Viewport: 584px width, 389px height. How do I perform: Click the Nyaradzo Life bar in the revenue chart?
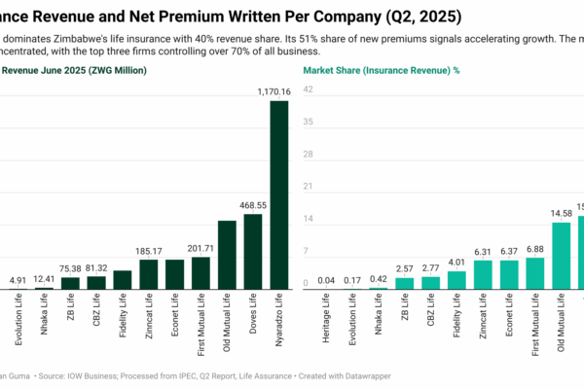[278, 194]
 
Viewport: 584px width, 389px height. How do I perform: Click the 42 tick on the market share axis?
[308, 89]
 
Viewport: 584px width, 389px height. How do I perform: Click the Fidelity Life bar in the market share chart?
[456, 280]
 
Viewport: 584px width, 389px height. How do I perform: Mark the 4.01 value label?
[456, 262]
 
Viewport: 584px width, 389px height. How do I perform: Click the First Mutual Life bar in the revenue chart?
[201, 273]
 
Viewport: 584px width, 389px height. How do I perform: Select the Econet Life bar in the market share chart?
[508, 274]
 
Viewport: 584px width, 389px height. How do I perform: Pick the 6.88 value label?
[534, 249]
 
